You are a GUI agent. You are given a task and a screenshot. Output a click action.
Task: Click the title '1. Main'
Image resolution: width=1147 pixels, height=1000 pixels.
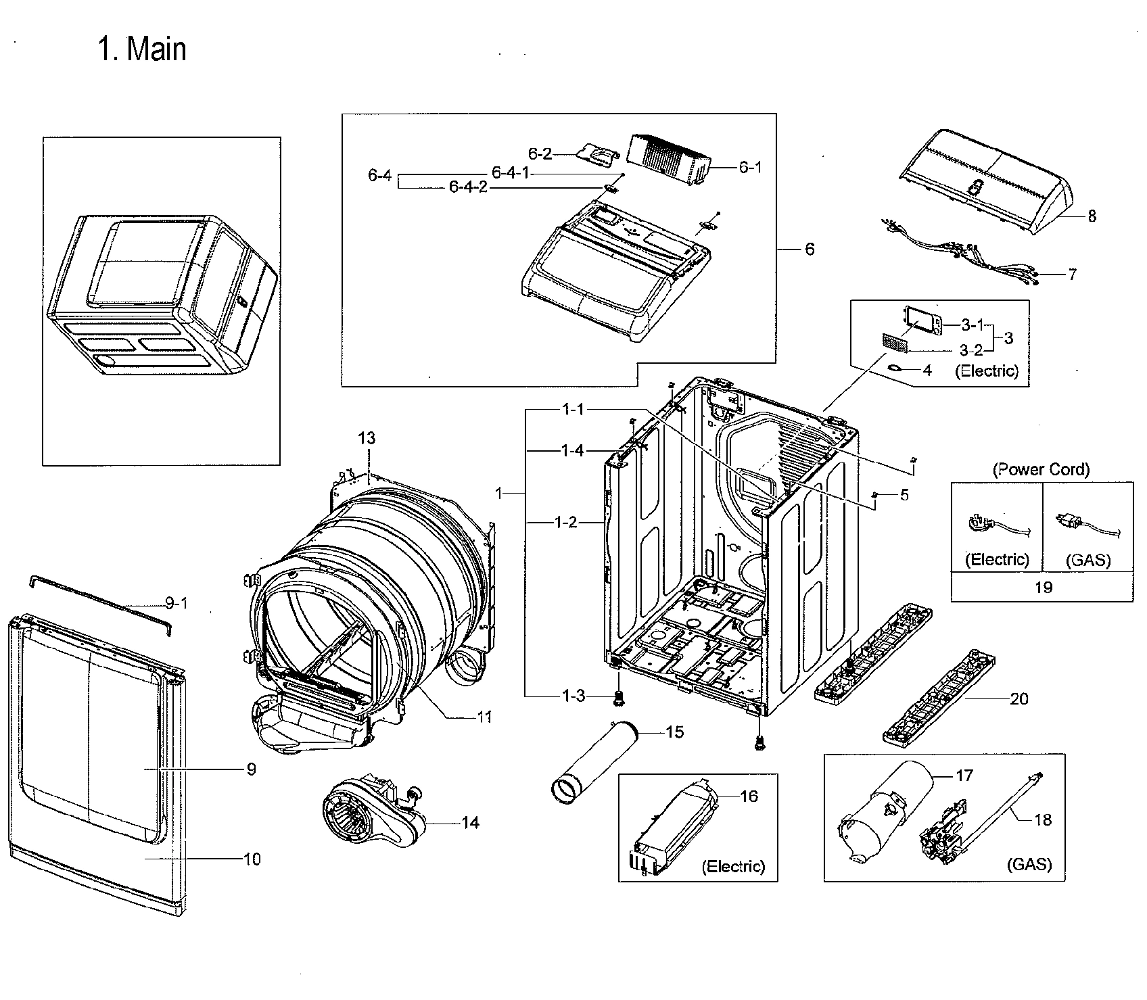(142, 49)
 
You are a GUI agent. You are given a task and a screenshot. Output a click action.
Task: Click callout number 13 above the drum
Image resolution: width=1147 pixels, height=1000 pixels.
(366, 438)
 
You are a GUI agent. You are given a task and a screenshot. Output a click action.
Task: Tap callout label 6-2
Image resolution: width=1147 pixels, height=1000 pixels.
(540, 155)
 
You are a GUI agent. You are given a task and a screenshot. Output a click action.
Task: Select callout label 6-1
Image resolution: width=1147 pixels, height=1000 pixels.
(750, 167)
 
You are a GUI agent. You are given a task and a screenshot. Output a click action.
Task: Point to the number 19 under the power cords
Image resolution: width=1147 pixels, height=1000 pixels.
(1044, 587)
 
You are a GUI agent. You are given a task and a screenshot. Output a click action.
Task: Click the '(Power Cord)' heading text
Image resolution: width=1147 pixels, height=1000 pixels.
(1041, 469)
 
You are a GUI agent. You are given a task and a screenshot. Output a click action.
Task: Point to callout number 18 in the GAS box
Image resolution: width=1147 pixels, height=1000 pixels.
(1043, 819)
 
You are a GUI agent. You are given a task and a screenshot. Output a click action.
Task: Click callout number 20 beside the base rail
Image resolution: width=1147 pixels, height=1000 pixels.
(1019, 698)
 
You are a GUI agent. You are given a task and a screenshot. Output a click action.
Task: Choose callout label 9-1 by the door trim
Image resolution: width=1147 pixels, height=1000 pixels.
(177, 602)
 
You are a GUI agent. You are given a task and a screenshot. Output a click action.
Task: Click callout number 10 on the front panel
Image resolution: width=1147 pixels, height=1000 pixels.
(252, 859)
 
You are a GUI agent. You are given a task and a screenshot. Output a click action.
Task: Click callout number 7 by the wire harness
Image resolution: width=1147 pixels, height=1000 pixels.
(1072, 275)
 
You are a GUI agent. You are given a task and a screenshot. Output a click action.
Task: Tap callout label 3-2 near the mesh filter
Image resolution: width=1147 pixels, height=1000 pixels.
(971, 350)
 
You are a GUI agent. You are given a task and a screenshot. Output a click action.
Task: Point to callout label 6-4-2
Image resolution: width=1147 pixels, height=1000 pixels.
(468, 187)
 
